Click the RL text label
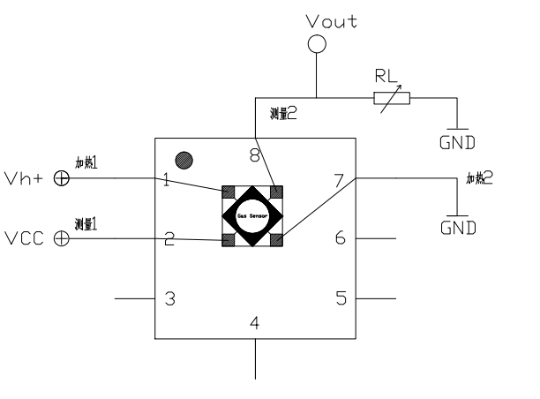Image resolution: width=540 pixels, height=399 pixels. pyautogui.click(x=385, y=76)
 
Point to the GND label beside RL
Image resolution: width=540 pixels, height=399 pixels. pyautogui.click(x=458, y=140)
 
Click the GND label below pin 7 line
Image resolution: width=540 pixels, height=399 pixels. pyautogui.click(x=458, y=227)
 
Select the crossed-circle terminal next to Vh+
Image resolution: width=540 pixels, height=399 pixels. pyautogui.click(x=62, y=177)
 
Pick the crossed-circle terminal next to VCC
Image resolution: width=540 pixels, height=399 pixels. pyautogui.click(x=62, y=238)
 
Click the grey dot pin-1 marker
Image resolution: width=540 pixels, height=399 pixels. pyautogui.click(x=184, y=161)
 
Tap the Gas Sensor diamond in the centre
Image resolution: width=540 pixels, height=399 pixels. pyautogui.click(x=252, y=215)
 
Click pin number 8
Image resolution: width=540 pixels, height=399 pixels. pyautogui.click(x=254, y=157)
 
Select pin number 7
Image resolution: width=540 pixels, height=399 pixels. pyautogui.click(x=340, y=181)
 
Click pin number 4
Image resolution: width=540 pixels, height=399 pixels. pyautogui.click(x=255, y=323)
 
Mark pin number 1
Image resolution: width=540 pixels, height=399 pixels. pyautogui.click(x=167, y=181)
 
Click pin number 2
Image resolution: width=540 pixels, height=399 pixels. pyautogui.click(x=168, y=238)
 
